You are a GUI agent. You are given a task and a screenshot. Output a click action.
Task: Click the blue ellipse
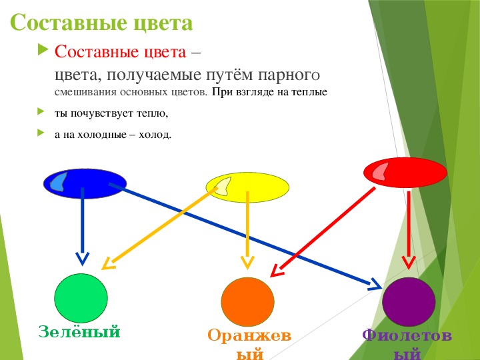pos(85,184)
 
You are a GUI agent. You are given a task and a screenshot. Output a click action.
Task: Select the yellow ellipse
pos(247,187)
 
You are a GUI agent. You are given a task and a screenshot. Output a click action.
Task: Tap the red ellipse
pos(405,173)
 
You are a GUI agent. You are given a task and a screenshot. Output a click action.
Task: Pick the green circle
pos(81,298)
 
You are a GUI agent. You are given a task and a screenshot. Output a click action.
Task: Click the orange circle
pos(247,302)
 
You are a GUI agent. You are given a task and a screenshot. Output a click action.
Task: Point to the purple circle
pos(409,302)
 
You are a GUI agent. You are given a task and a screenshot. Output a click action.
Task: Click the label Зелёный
pos(79,331)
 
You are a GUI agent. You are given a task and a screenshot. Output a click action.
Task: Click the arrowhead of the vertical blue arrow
pos(82,259)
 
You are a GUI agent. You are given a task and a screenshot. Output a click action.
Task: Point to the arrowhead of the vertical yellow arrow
pos(247,263)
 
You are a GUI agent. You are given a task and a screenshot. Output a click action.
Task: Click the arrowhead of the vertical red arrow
pos(409,263)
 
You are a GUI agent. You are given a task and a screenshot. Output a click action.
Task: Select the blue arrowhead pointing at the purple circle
pos(375,285)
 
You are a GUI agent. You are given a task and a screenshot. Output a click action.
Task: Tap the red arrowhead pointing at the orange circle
pos(277,271)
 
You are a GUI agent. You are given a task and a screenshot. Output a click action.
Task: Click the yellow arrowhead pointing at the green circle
pos(108,263)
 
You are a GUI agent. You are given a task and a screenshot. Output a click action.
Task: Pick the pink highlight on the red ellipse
pos(380,172)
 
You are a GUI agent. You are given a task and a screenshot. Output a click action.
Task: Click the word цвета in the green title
pos(163,22)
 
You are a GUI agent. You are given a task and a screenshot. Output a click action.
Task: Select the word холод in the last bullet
pos(155,135)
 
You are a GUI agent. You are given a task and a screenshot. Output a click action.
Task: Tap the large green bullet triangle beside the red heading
pos(43,49)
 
